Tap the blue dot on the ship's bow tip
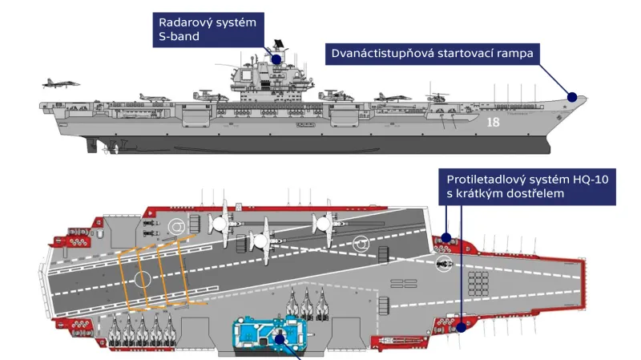(571, 97)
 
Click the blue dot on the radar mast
(276, 59)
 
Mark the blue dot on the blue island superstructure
(280, 339)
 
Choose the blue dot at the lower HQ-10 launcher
(462, 326)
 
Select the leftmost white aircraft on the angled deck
(221, 224)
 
